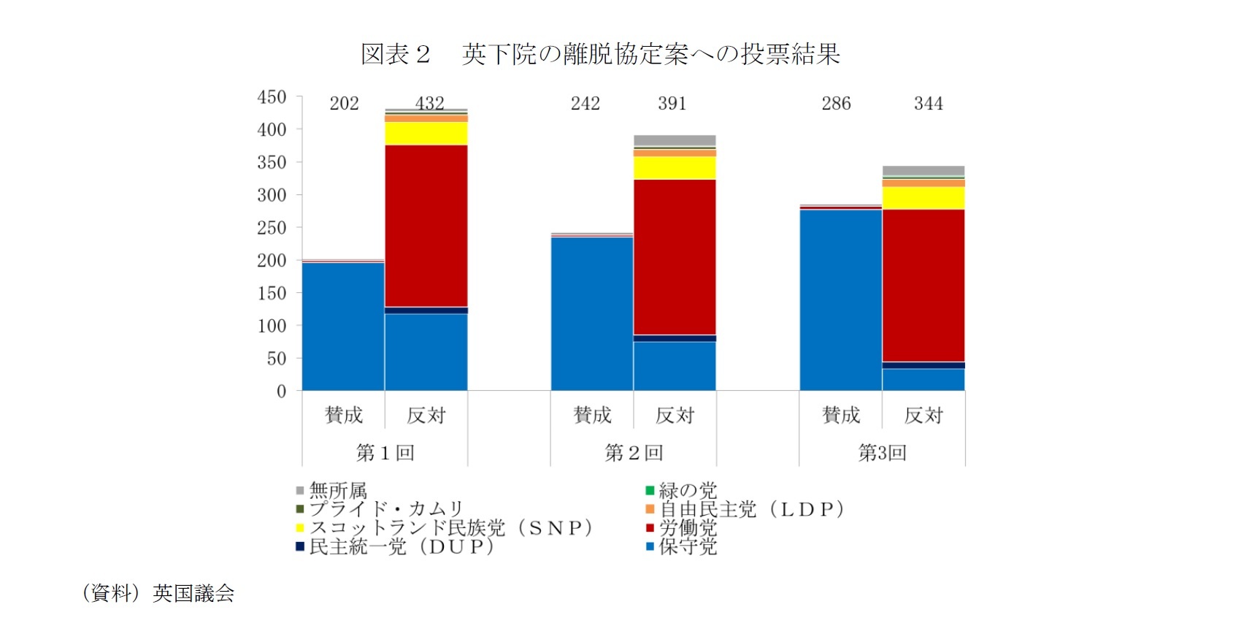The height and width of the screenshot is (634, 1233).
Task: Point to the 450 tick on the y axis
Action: (x=272, y=97)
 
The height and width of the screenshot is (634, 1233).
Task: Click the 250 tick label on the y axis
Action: (x=272, y=228)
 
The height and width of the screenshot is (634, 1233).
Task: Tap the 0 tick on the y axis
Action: (x=281, y=392)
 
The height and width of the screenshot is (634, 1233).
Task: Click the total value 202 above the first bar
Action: (x=344, y=104)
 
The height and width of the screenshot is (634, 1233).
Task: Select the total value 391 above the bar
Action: (x=672, y=104)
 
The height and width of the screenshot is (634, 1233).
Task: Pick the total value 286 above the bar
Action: (x=836, y=104)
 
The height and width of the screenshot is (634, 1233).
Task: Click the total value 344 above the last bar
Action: (x=928, y=104)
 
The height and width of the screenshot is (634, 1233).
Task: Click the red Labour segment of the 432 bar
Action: (x=426, y=226)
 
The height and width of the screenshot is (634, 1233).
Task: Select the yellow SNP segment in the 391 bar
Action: (x=675, y=168)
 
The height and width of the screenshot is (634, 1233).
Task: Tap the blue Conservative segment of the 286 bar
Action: (x=841, y=299)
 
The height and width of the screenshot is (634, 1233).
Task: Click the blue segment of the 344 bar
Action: (x=923, y=380)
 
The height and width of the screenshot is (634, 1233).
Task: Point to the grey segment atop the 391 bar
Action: (x=675, y=140)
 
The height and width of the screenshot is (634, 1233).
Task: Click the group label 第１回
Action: (x=385, y=453)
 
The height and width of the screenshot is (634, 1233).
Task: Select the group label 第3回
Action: (x=882, y=453)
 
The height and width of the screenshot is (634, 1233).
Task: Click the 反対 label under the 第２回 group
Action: (x=675, y=416)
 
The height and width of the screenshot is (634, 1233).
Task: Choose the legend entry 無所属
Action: (x=337, y=490)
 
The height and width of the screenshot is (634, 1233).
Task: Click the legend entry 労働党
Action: (x=687, y=527)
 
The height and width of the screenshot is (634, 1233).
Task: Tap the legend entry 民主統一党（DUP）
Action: (x=401, y=546)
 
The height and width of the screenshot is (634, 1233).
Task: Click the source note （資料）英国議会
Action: (x=158, y=593)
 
